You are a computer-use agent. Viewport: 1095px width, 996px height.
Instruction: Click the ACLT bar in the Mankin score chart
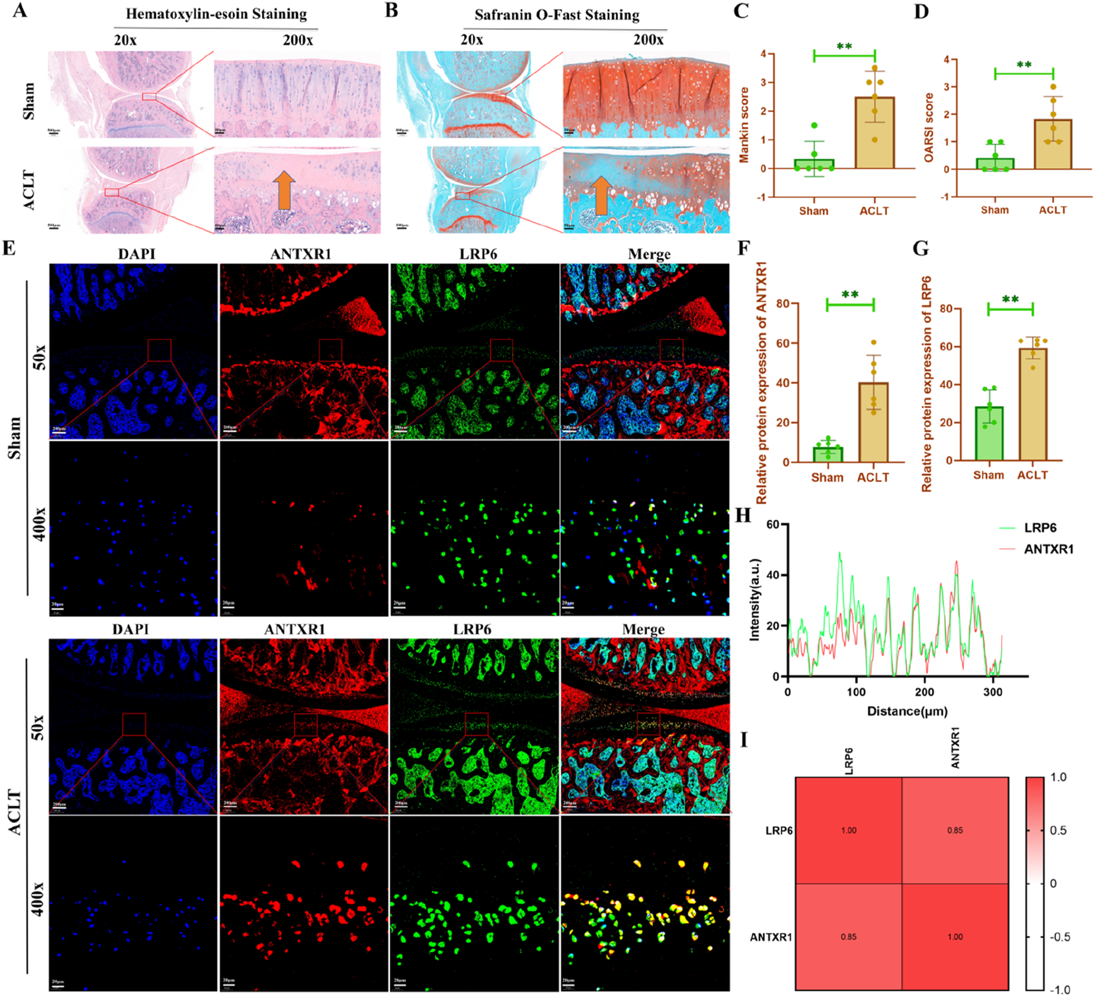(874, 133)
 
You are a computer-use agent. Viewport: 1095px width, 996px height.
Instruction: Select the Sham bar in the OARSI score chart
(994, 164)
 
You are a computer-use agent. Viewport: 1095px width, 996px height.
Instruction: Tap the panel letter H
(743, 516)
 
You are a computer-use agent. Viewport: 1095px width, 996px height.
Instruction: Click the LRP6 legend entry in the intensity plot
(1040, 528)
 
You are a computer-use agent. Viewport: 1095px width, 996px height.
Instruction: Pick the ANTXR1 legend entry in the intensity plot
(1048, 549)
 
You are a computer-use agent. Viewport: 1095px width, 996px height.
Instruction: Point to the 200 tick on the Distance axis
(924, 692)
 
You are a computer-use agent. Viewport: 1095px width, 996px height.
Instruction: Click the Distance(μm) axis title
(907, 711)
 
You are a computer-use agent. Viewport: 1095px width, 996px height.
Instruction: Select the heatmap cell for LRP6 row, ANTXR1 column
(955, 830)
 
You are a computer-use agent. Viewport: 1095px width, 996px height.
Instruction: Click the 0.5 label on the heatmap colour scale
(1058, 830)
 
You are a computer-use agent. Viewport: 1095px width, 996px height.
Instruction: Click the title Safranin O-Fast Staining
(556, 15)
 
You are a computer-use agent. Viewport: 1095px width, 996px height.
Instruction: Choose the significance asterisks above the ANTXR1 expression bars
(850, 295)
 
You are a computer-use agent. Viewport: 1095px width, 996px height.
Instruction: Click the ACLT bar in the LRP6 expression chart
(1033, 405)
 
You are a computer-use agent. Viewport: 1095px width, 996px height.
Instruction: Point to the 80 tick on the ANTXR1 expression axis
(782, 304)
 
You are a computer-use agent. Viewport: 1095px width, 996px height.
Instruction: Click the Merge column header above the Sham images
(649, 254)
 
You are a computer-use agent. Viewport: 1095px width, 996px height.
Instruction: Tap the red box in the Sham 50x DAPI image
(159, 350)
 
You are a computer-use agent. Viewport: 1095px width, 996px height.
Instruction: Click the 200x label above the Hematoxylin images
(298, 40)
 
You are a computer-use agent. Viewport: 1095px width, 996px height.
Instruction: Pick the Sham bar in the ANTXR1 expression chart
(827, 454)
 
